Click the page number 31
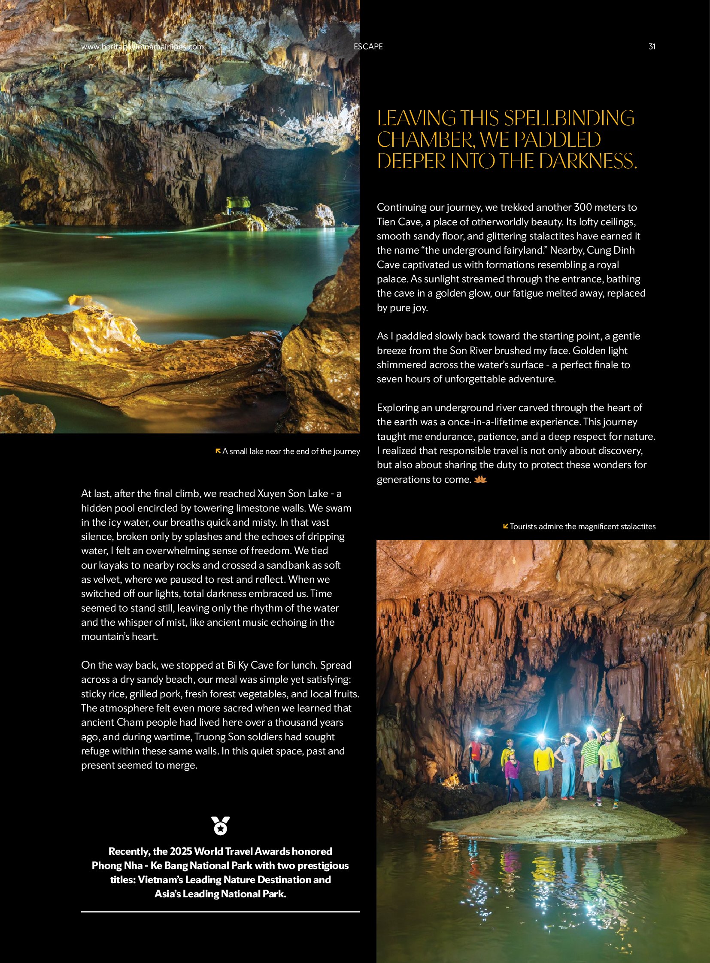(x=652, y=47)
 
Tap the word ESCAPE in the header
(x=368, y=47)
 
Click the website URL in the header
(x=142, y=47)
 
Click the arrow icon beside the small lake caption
(x=218, y=451)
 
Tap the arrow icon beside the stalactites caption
(x=505, y=526)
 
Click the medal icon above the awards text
(x=221, y=826)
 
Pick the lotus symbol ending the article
(x=480, y=479)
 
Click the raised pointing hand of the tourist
(x=622, y=717)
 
